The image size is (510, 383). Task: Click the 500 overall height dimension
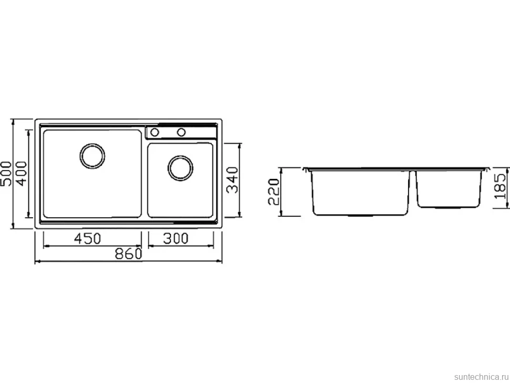point(6,174)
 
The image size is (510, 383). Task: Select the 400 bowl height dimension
point(22,174)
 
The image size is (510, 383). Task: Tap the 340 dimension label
point(232,180)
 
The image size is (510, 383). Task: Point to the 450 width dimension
point(88,238)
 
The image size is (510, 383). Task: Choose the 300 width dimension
point(176,238)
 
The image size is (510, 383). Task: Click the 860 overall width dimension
point(129,254)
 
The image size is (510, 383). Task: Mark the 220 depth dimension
point(273,191)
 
